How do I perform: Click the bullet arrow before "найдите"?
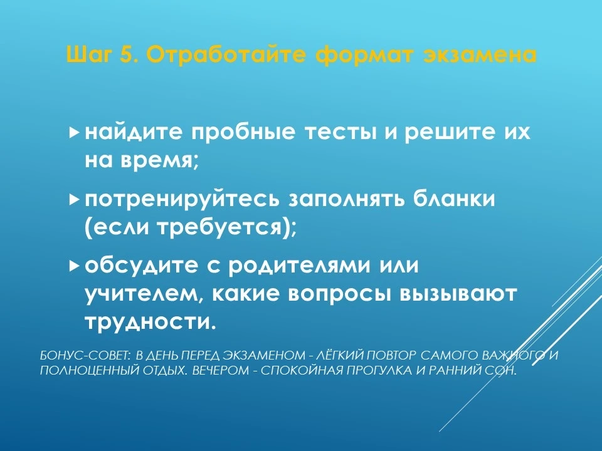click(74, 133)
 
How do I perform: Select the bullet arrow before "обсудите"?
click(74, 266)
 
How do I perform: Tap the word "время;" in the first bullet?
click(160, 161)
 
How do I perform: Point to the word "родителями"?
click(300, 266)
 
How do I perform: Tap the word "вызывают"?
click(458, 294)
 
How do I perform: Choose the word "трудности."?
click(150, 323)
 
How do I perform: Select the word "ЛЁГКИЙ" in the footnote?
click(340, 355)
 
